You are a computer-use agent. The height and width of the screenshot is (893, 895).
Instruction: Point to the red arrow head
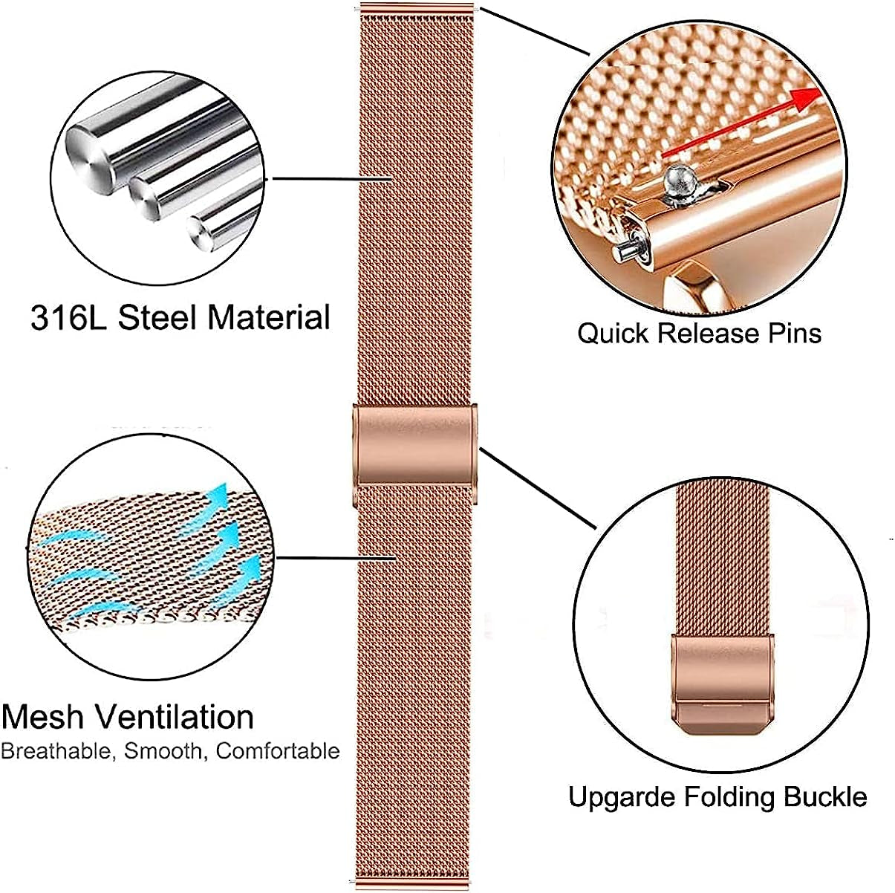tap(810, 97)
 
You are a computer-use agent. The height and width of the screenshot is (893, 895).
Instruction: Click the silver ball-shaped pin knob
tap(679, 178)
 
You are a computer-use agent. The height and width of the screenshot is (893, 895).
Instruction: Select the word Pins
tap(793, 333)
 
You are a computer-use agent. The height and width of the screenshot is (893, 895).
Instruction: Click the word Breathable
tap(57, 751)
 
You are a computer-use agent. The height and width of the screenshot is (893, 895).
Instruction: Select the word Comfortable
tap(278, 751)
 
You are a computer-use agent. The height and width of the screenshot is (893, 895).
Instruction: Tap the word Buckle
tap(824, 798)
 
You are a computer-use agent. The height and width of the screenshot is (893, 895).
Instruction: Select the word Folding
tap(730, 798)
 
